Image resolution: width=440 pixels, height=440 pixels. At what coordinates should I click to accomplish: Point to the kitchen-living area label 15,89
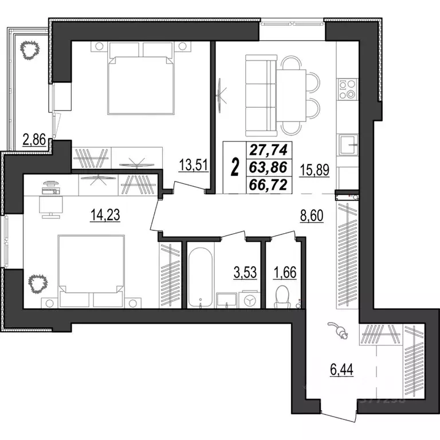(x=315, y=170)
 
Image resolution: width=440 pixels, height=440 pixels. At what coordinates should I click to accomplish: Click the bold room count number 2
(x=234, y=167)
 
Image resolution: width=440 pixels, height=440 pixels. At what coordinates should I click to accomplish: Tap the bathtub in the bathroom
(x=200, y=277)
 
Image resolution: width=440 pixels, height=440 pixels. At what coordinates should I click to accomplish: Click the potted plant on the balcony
(x=29, y=52)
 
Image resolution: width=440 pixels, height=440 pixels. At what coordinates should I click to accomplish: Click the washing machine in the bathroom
(x=248, y=300)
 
